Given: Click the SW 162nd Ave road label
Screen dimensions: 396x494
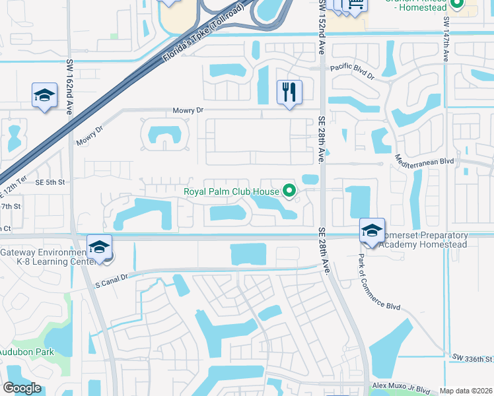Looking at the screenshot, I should click(x=69, y=87).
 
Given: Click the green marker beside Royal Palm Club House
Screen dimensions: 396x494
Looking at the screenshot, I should click(x=289, y=192).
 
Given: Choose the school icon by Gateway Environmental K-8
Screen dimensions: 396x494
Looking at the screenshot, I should click(x=99, y=247).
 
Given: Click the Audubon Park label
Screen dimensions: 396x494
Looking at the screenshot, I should click(x=26, y=352).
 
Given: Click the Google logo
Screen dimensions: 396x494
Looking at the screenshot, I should click(x=22, y=388).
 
